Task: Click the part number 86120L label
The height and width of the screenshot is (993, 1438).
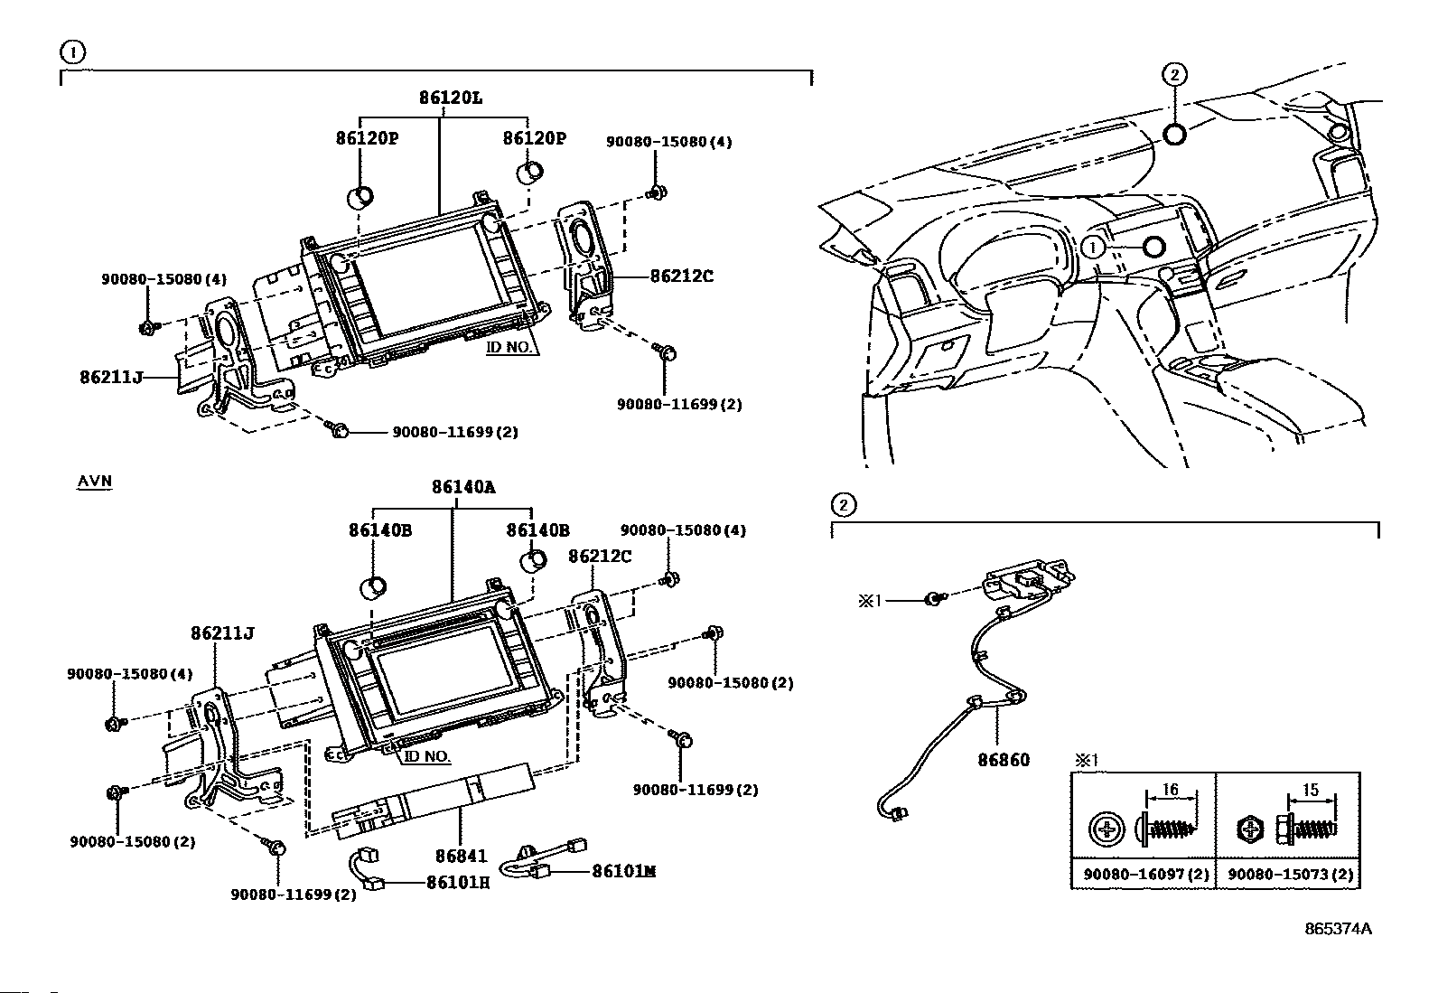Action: pyautogui.click(x=451, y=98)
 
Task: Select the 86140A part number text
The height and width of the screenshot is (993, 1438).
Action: pyautogui.click(x=463, y=487)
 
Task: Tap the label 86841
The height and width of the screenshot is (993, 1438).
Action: pyautogui.click(x=461, y=856)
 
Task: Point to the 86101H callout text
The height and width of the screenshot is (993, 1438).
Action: pyautogui.click(x=458, y=883)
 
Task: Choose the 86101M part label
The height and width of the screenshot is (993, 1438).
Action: pyautogui.click(x=623, y=871)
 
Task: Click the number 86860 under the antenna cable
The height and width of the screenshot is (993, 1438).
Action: pyautogui.click(x=1004, y=760)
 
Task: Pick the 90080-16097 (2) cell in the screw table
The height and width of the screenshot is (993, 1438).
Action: pyautogui.click(x=1146, y=874)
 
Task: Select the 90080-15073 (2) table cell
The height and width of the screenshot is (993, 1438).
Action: pyautogui.click(x=1291, y=874)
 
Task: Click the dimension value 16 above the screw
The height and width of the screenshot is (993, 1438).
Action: pyautogui.click(x=1171, y=790)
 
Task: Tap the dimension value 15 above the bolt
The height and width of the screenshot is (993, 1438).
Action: pyautogui.click(x=1311, y=790)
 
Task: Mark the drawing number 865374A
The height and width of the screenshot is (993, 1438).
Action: pyautogui.click(x=1338, y=929)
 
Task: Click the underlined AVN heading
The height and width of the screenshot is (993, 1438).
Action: pyautogui.click(x=94, y=481)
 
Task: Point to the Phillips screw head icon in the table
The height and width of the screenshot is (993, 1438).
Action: pyautogui.click(x=1107, y=829)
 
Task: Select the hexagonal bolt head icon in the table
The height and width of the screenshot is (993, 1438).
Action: pyautogui.click(x=1250, y=829)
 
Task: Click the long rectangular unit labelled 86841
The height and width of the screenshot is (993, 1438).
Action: pyautogui.click(x=434, y=800)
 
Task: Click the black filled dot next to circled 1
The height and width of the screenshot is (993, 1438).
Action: pyautogui.click(x=1153, y=248)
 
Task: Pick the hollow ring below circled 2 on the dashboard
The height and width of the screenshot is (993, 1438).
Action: pyautogui.click(x=1174, y=135)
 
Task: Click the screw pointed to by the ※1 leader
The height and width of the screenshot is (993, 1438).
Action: pyautogui.click(x=934, y=599)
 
